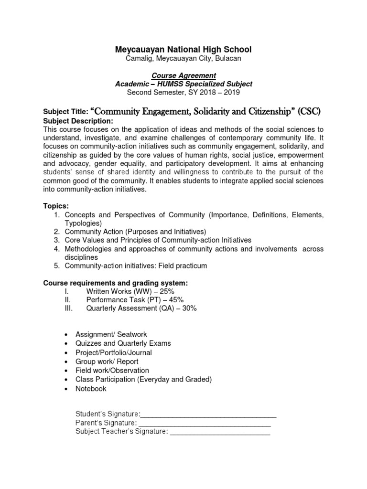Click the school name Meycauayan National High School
(183, 50)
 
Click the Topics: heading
(56, 205)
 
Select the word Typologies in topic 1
(83, 223)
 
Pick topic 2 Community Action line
(135, 232)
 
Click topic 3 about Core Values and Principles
(158, 240)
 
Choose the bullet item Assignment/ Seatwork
(112, 335)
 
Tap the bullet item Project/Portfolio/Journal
(114, 352)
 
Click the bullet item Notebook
(91, 389)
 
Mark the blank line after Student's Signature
(208, 415)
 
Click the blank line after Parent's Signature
(205, 423)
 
